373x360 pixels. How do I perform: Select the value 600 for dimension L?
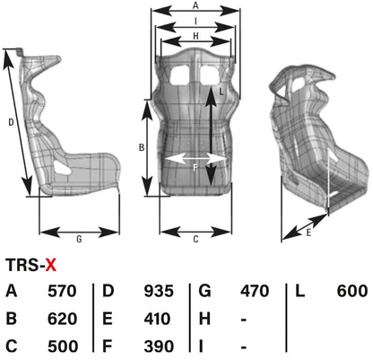(x=352, y=291)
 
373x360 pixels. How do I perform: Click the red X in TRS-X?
(x=52, y=264)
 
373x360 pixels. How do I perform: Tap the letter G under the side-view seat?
(x=79, y=239)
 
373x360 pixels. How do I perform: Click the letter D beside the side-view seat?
(x=10, y=121)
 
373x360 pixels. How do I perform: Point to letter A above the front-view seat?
(x=195, y=5)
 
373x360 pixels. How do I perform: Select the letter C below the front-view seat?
(x=195, y=239)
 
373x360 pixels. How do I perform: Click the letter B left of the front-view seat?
(x=140, y=145)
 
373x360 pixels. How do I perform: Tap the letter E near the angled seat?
(x=308, y=232)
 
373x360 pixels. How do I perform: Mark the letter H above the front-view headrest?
(x=195, y=36)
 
